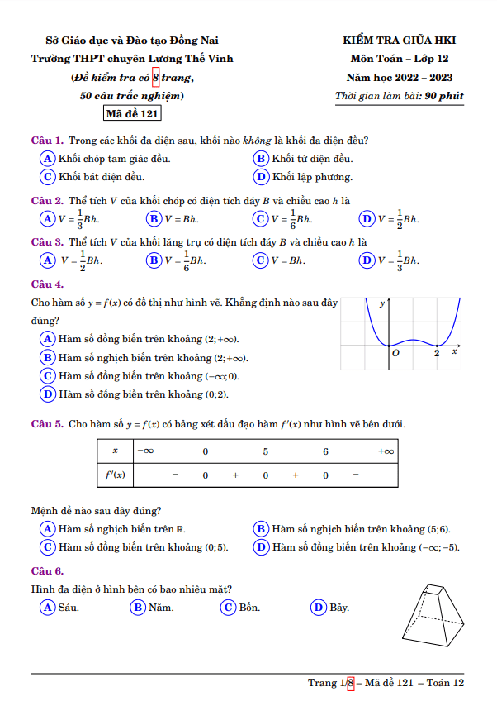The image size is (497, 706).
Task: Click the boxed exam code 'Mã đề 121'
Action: pyautogui.click(x=132, y=114)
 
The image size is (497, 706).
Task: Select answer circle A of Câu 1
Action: pyautogui.click(x=48, y=158)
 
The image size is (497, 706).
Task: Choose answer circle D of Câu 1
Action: pyautogui.click(x=261, y=176)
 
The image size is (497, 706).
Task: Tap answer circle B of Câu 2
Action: pyautogui.click(x=154, y=218)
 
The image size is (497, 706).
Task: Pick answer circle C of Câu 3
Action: pyautogui.click(x=260, y=260)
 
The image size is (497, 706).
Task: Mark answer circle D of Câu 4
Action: pyautogui.click(x=48, y=394)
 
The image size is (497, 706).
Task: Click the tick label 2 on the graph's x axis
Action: pyautogui.click(x=437, y=353)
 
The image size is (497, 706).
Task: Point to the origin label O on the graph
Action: pyautogui.click(x=396, y=353)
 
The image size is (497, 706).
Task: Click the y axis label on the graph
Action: pyautogui.click(x=382, y=304)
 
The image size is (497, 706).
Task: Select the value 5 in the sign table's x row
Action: pyautogui.click(x=266, y=451)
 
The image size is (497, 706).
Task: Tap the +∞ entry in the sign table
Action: pyautogui.click(x=386, y=451)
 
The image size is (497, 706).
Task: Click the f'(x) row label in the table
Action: pyautogui.click(x=116, y=475)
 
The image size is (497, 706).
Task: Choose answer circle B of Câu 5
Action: pyautogui.click(x=261, y=528)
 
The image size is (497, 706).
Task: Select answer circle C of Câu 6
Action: pyautogui.click(x=229, y=608)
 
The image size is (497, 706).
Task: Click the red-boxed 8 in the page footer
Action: pyautogui.click(x=350, y=683)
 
